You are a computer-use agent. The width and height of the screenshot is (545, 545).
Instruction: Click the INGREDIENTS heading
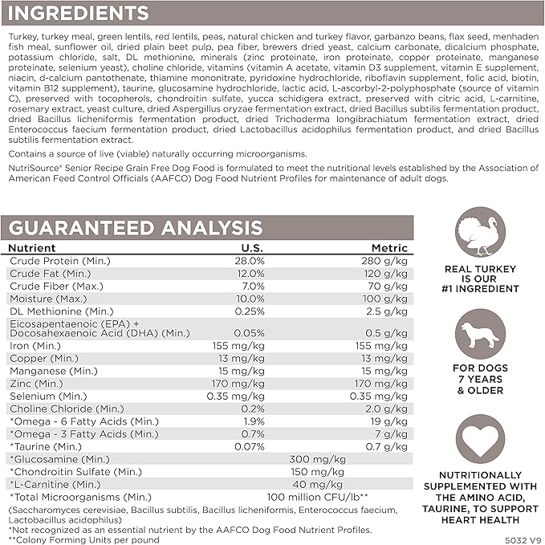78,13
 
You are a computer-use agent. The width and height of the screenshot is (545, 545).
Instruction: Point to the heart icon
480,440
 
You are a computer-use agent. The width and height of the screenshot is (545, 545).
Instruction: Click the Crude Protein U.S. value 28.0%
249,262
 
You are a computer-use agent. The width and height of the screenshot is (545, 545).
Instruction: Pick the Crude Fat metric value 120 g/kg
386,274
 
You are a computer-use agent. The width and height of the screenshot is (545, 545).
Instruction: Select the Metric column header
388,249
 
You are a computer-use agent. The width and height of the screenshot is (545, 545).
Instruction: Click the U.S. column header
251,249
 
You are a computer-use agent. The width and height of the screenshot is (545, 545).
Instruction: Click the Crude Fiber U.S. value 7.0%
251,286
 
